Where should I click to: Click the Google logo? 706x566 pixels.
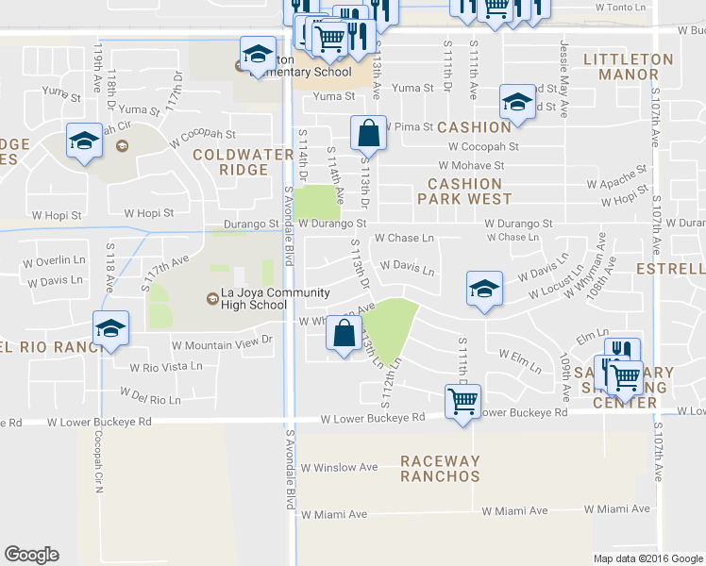pyautogui.click(x=31, y=555)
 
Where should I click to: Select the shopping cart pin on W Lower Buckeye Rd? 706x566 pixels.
pyautogui.click(x=462, y=401)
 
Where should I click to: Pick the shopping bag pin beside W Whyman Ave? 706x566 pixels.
pyautogui.click(x=346, y=333)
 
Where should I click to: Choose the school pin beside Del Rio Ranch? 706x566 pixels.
pyautogui.click(x=110, y=328)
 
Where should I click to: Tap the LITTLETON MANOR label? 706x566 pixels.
pyautogui.click(x=629, y=68)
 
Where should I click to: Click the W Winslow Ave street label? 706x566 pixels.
pyautogui.click(x=339, y=468)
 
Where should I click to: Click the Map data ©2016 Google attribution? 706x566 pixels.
pyautogui.click(x=647, y=558)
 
